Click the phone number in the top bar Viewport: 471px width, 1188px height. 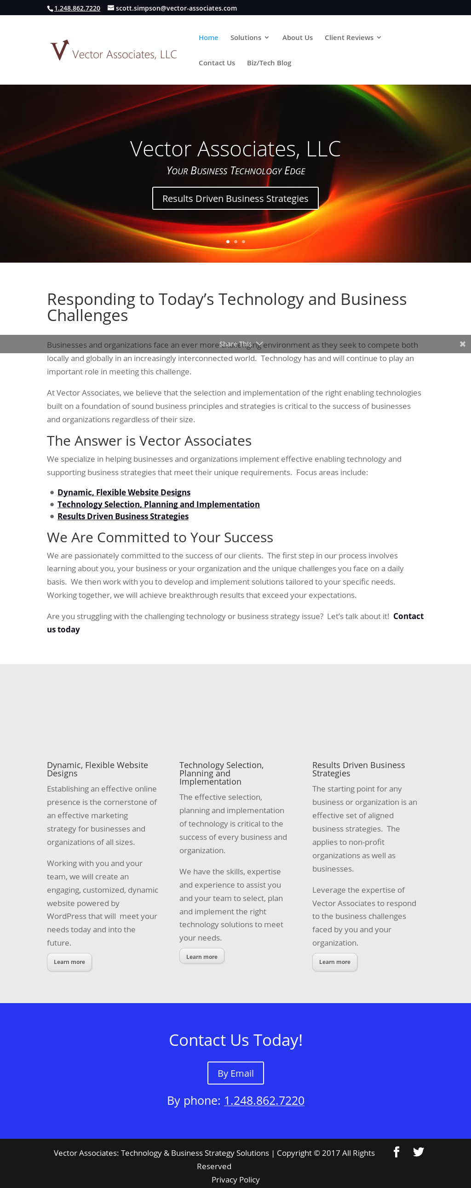click(77, 8)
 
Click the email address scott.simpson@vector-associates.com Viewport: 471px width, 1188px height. click(176, 8)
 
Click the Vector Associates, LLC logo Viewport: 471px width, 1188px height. click(113, 51)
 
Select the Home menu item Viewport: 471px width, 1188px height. click(208, 38)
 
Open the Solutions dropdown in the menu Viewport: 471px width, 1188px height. click(249, 38)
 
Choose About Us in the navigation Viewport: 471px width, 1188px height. click(297, 38)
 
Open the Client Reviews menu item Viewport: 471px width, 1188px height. click(352, 38)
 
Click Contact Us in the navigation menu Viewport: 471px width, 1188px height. click(216, 63)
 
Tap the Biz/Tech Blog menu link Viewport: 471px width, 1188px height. click(269, 63)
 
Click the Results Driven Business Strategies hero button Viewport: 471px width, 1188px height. click(235, 199)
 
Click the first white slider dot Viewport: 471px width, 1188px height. click(227, 241)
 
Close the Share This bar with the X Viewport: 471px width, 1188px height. click(462, 344)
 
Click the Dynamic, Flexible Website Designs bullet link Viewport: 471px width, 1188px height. click(124, 493)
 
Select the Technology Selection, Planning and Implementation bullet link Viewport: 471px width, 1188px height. click(158, 505)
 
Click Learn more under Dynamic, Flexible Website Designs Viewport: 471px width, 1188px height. click(69, 962)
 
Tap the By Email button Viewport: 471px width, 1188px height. click(235, 1073)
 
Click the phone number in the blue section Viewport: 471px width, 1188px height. click(264, 1101)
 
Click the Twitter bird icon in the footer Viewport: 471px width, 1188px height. click(418, 1153)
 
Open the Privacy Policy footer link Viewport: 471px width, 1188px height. click(235, 1180)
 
